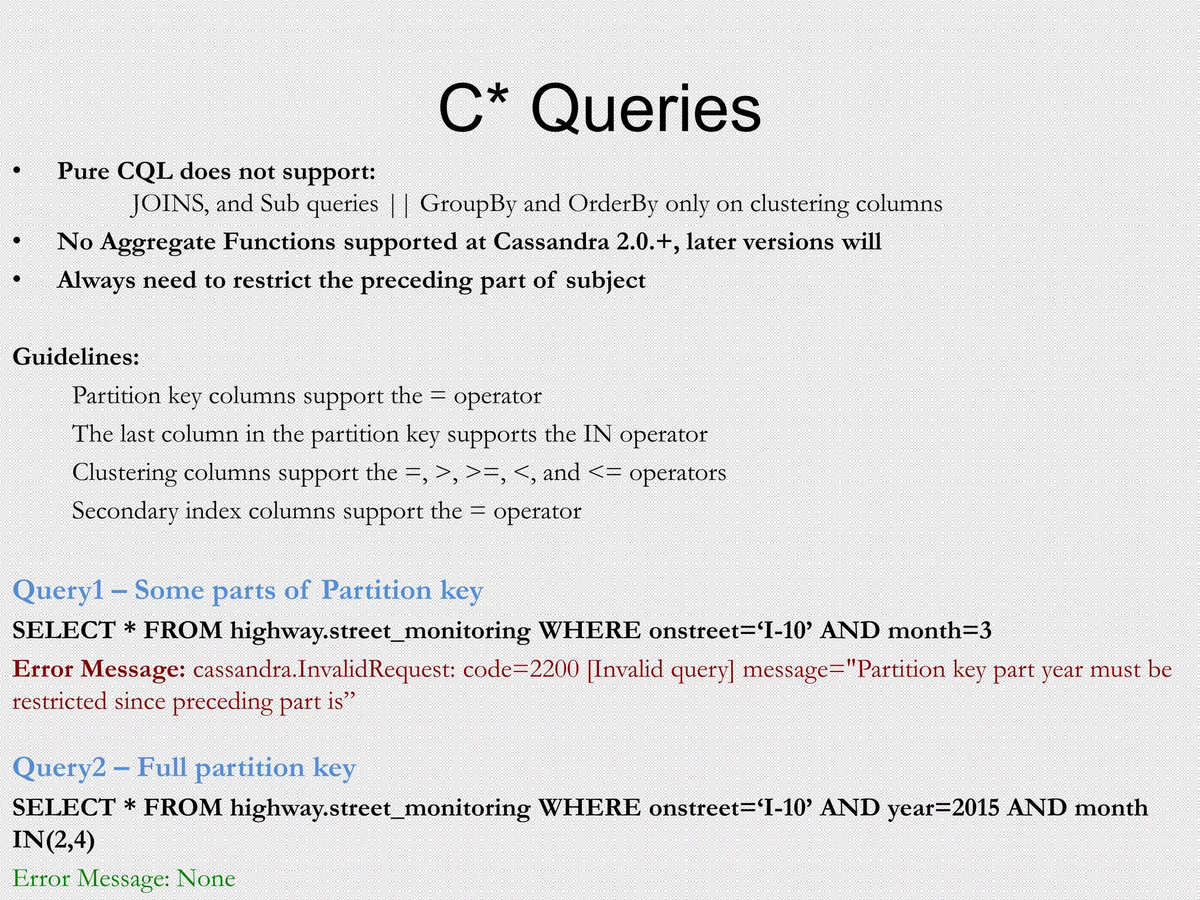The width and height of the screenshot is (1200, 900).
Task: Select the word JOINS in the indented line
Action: [x=168, y=204]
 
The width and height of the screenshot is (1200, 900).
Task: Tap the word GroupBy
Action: [x=468, y=204]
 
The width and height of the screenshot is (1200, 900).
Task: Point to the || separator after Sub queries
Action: [x=399, y=204]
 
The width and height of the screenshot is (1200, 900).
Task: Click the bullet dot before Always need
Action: [x=18, y=280]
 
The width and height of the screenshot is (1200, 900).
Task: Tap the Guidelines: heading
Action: [x=76, y=356]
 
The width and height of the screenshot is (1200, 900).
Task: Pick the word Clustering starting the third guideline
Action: [x=124, y=473]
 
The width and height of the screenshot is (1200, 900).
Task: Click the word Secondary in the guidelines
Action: [x=125, y=511]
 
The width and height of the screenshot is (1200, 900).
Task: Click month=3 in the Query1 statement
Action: [x=939, y=630]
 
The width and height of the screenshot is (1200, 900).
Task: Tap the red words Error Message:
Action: [x=99, y=669]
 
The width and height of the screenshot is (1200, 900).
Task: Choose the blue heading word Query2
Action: [x=59, y=768]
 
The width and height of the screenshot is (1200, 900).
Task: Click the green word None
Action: [x=206, y=878]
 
